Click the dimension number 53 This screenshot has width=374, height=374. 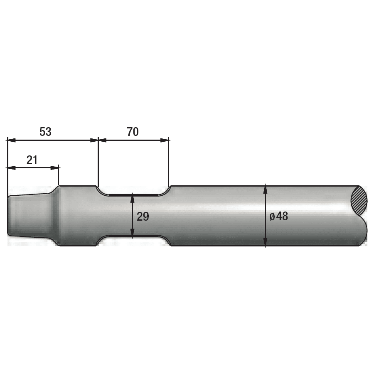(x=45, y=132)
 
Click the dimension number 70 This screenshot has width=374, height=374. (x=133, y=132)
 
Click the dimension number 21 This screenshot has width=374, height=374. (x=32, y=160)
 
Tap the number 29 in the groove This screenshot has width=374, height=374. (x=143, y=217)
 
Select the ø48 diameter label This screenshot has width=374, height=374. (x=278, y=217)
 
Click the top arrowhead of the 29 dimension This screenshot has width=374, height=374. (x=132, y=197)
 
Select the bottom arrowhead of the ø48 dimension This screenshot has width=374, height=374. (x=265, y=243)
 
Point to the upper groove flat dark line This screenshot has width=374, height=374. (x=133, y=194)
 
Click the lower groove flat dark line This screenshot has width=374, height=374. (x=133, y=236)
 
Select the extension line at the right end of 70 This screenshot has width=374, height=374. (x=169, y=164)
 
